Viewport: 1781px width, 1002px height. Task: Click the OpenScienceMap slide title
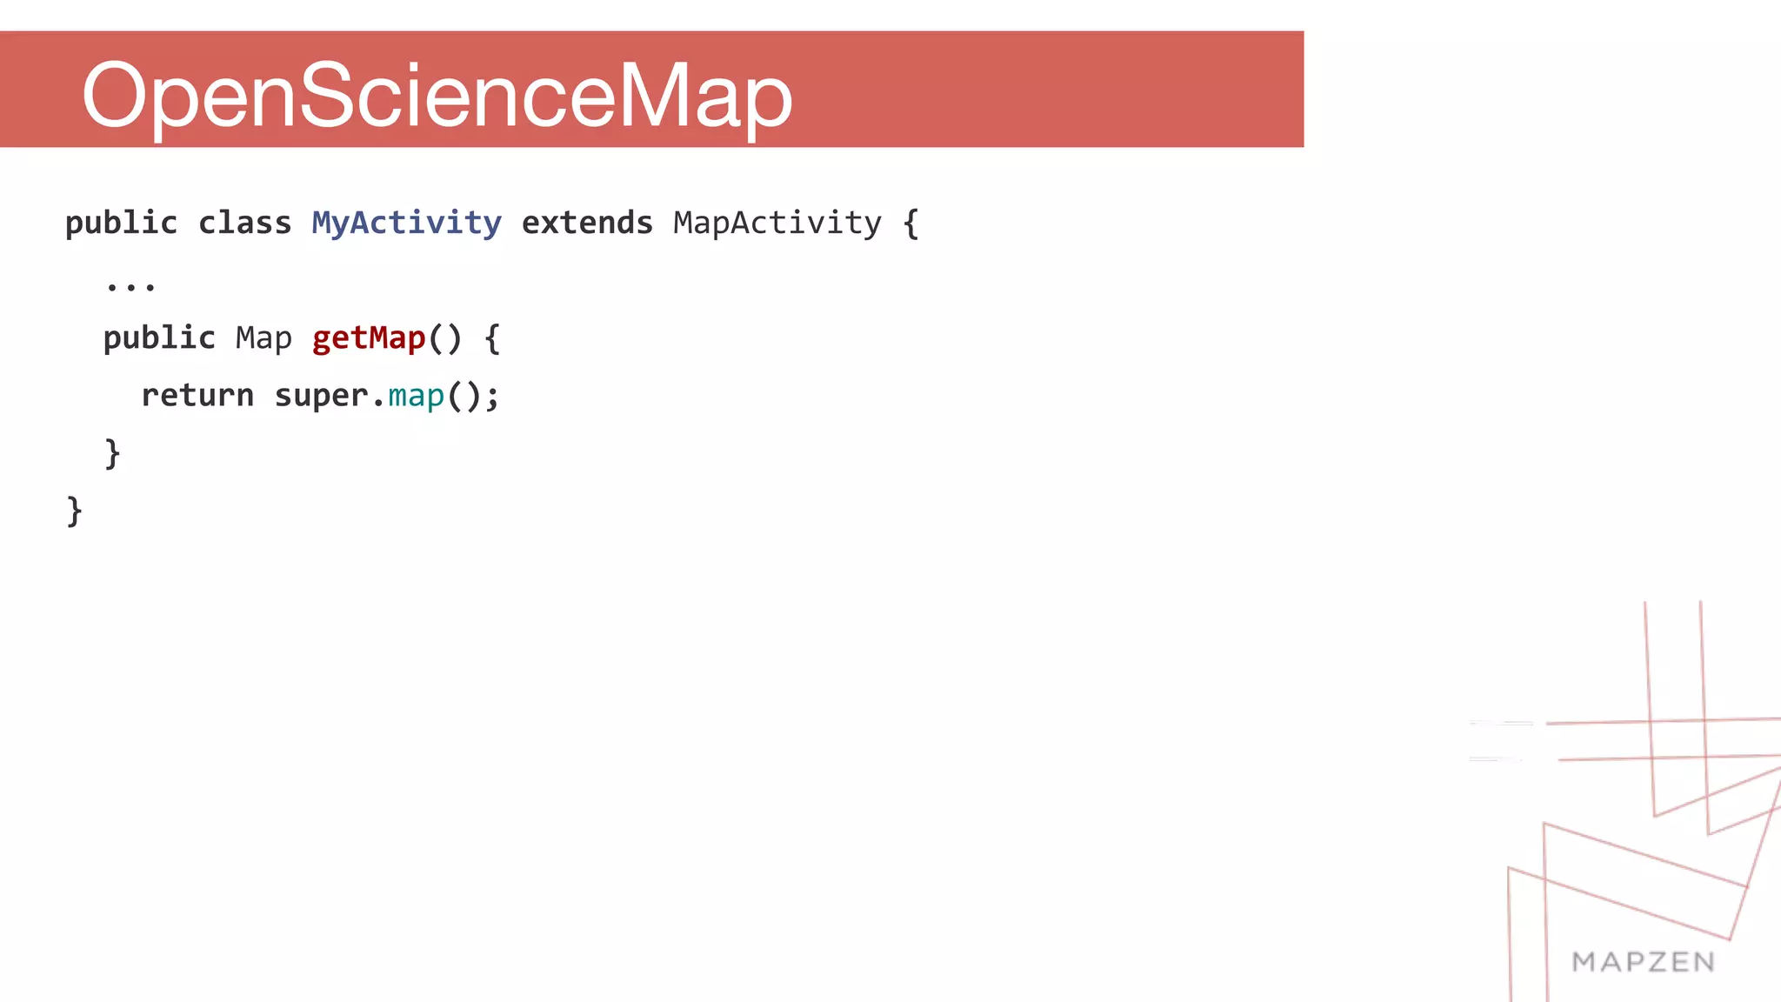click(x=437, y=95)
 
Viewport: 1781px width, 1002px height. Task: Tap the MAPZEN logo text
click(x=1643, y=962)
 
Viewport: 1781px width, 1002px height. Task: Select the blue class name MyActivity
click(x=406, y=224)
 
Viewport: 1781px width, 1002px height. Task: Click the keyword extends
click(x=587, y=224)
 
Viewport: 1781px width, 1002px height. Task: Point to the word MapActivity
click(x=777, y=224)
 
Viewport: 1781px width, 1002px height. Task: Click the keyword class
click(x=244, y=224)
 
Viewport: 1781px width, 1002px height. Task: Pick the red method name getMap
click(x=369, y=338)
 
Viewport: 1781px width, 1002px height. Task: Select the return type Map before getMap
click(x=263, y=338)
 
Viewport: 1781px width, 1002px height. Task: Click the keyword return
click(x=197, y=396)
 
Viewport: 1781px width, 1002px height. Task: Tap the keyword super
click(x=322, y=396)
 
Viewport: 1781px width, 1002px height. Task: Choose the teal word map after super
click(x=416, y=396)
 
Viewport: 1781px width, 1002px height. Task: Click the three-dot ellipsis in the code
click(x=130, y=285)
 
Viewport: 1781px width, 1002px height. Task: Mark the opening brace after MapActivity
click(x=911, y=224)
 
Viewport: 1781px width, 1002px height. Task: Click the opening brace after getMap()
click(x=492, y=338)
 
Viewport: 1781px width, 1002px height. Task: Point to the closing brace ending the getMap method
click(x=112, y=453)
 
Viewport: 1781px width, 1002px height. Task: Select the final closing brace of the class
click(x=75, y=511)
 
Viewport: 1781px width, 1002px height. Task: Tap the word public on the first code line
click(x=121, y=224)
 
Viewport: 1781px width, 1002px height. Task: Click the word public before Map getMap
click(x=159, y=338)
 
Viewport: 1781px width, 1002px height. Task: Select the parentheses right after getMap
click(x=445, y=338)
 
